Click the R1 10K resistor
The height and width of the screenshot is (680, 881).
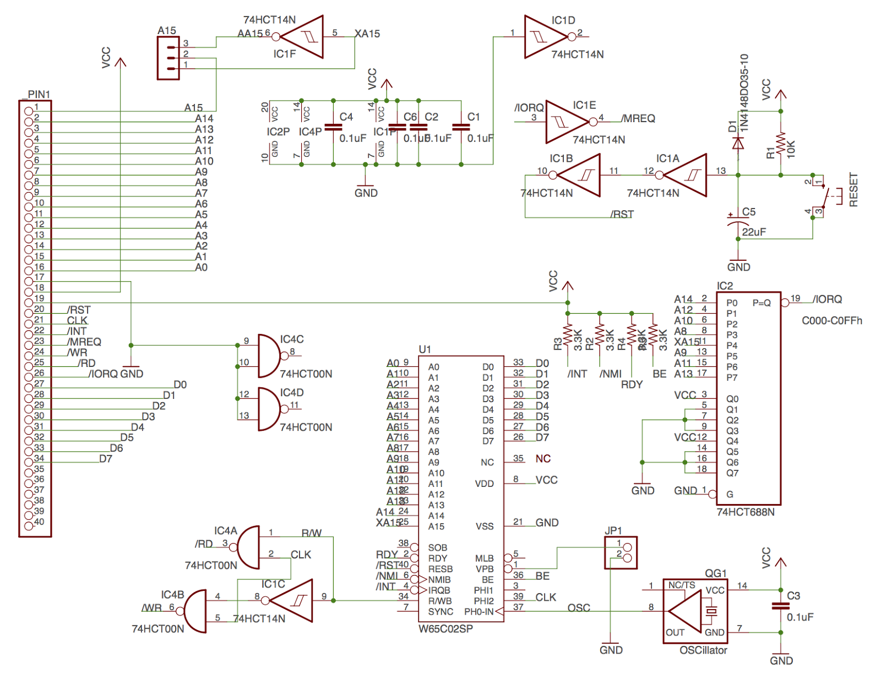[x=780, y=144]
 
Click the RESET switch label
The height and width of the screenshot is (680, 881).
[x=853, y=190]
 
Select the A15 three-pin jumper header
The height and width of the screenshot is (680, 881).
[x=168, y=58]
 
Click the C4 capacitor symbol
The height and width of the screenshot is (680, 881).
[x=333, y=128]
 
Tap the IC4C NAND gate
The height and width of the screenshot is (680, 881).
[x=270, y=355]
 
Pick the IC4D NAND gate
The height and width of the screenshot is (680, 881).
[x=270, y=409]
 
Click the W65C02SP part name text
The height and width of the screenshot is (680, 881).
[x=445, y=629]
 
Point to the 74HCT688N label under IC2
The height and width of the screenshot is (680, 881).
[x=745, y=512]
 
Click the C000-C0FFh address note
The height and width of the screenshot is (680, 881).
[x=831, y=321]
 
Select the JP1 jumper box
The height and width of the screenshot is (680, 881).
[x=621, y=552]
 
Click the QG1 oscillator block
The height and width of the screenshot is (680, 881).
[x=695, y=611]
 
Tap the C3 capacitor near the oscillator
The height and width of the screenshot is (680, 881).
[x=780, y=606]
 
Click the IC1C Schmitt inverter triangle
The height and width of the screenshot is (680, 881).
[x=295, y=600]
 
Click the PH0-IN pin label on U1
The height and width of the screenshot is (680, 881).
[x=478, y=612]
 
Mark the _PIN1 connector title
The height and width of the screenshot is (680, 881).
[x=37, y=95]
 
